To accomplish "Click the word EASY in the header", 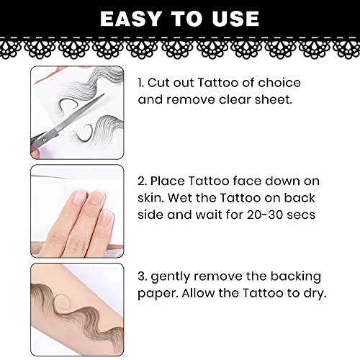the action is click(130, 19).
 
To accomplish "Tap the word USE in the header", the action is click(235, 19).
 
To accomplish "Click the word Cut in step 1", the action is click(158, 83).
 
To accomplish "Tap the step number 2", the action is click(142, 181).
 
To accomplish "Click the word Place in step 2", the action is click(168, 181).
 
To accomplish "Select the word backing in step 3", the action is click(296, 276).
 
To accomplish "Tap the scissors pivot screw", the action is click(43, 139).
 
